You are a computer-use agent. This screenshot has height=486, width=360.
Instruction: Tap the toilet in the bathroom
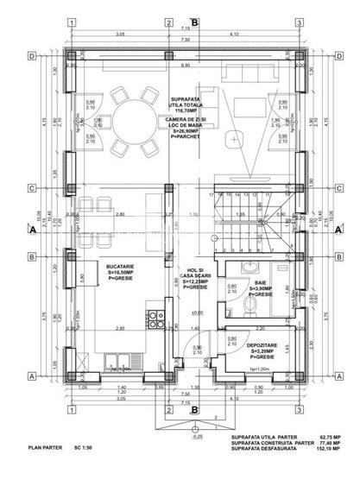250,306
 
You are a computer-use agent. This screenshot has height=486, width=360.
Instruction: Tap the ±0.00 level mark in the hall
198,313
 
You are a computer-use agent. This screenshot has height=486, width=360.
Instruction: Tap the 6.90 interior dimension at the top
184,66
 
